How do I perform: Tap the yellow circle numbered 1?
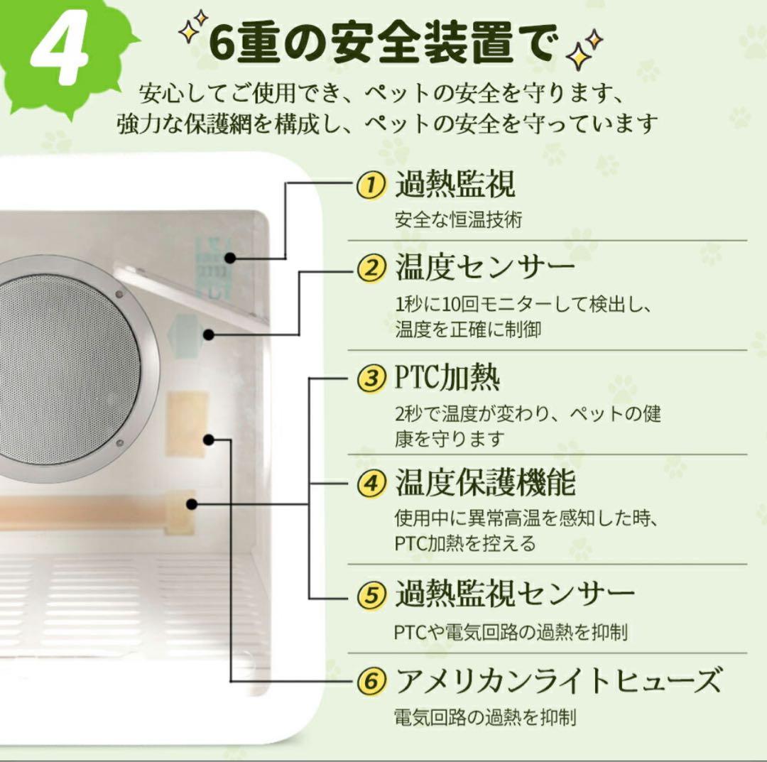pos(371,186)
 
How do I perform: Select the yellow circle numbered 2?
pos(371,269)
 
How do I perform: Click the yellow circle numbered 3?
pos(371,378)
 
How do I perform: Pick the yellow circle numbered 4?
pos(371,484)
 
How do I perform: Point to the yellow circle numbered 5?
pos(371,594)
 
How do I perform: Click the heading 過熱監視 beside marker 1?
pos(455,185)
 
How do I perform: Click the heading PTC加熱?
pos(447,378)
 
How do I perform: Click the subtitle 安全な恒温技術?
pos(458,220)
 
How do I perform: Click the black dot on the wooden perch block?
pos(191,504)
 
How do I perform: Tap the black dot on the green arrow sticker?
pos(209,334)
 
